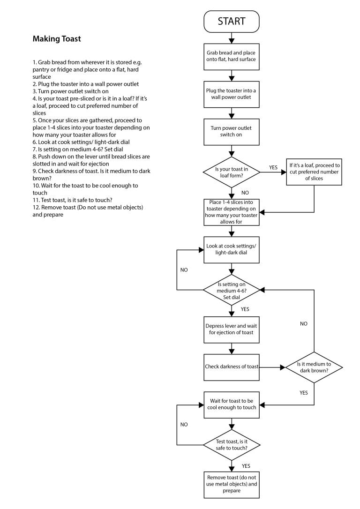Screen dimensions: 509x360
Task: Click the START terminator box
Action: tap(231, 22)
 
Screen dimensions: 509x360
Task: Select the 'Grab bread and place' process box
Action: tap(231, 56)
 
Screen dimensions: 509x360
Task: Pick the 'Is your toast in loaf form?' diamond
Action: tap(231, 172)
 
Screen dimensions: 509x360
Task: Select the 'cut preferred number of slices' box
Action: tap(314, 172)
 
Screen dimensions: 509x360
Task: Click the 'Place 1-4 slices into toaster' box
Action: tap(231, 212)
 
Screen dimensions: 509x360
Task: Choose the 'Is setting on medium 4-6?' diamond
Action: tap(231, 290)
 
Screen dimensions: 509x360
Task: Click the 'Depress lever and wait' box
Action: tap(231, 329)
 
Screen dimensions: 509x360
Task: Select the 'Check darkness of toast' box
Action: tap(231, 367)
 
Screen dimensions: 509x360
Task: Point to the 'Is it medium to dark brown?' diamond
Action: tap(314, 367)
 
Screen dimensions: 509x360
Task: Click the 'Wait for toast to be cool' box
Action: tap(231, 404)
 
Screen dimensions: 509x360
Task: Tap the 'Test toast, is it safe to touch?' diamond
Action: tap(231, 444)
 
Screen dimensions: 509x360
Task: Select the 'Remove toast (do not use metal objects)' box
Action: tap(231, 484)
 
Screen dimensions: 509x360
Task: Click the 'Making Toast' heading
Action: tap(57, 39)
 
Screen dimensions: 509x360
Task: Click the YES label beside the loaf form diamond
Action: tap(273, 166)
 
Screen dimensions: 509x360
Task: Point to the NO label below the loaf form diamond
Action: tap(245, 192)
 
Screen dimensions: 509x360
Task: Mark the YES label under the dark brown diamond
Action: tap(303, 393)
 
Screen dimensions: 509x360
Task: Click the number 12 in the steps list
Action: tap(36, 207)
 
